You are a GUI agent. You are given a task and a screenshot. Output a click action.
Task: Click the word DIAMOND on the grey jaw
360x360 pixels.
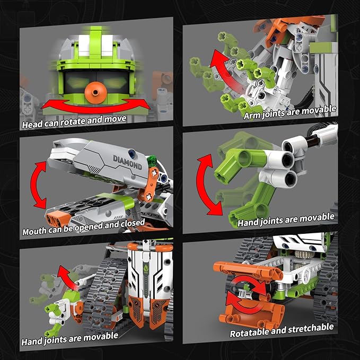click(x=127, y=162)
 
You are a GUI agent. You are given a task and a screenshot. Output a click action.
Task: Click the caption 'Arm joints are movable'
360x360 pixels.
click(x=289, y=111)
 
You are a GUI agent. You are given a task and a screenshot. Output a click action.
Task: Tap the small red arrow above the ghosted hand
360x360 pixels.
click(x=63, y=275)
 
